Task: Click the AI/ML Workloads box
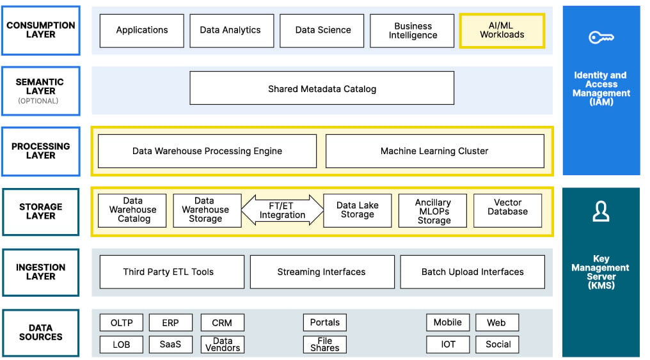pyautogui.click(x=502, y=31)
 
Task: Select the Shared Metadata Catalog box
pyautogui.click(x=322, y=88)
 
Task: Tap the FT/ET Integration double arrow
pyautogui.click(x=282, y=210)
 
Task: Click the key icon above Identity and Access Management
pyautogui.click(x=601, y=38)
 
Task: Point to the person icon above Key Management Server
pyautogui.click(x=601, y=211)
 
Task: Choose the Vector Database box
pyautogui.click(x=507, y=210)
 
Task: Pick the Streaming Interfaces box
pyautogui.click(x=322, y=272)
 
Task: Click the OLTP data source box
pyautogui.click(x=122, y=323)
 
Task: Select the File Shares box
pyautogui.click(x=325, y=344)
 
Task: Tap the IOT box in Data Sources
pyautogui.click(x=448, y=344)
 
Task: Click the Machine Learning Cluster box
pyautogui.click(x=435, y=151)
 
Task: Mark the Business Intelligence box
pyautogui.click(x=412, y=31)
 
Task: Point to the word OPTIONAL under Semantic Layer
pyautogui.click(x=38, y=101)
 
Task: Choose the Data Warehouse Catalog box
pyautogui.click(x=132, y=210)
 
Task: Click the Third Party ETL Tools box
pyautogui.click(x=172, y=272)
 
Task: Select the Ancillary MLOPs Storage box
pyautogui.click(x=432, y=210)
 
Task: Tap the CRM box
pyautogui.click(x=222, y=323)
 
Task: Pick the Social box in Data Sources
pyautogui.click(x=497, y=344)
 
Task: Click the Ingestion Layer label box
pyautogui.click(x=41, y=272)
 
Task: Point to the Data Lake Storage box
pyautogui.click(x=358, y=210)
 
